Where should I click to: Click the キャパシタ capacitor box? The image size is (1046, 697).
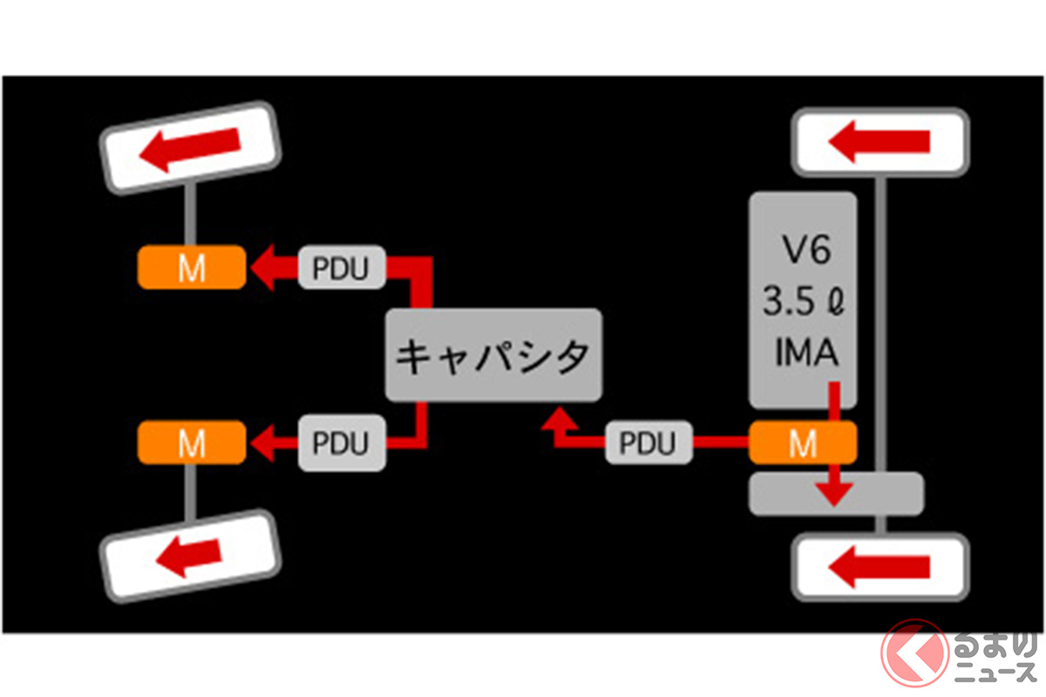493,355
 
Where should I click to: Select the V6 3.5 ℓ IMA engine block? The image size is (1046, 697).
802,301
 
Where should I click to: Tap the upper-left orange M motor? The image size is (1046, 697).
191,267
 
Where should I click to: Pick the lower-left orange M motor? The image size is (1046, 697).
191,443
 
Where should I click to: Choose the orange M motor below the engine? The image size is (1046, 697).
803,445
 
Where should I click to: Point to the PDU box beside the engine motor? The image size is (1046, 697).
649,443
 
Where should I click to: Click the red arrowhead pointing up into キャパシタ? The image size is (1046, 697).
558,421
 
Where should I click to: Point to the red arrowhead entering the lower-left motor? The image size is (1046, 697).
261,443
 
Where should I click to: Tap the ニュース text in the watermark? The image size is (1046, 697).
999,673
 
